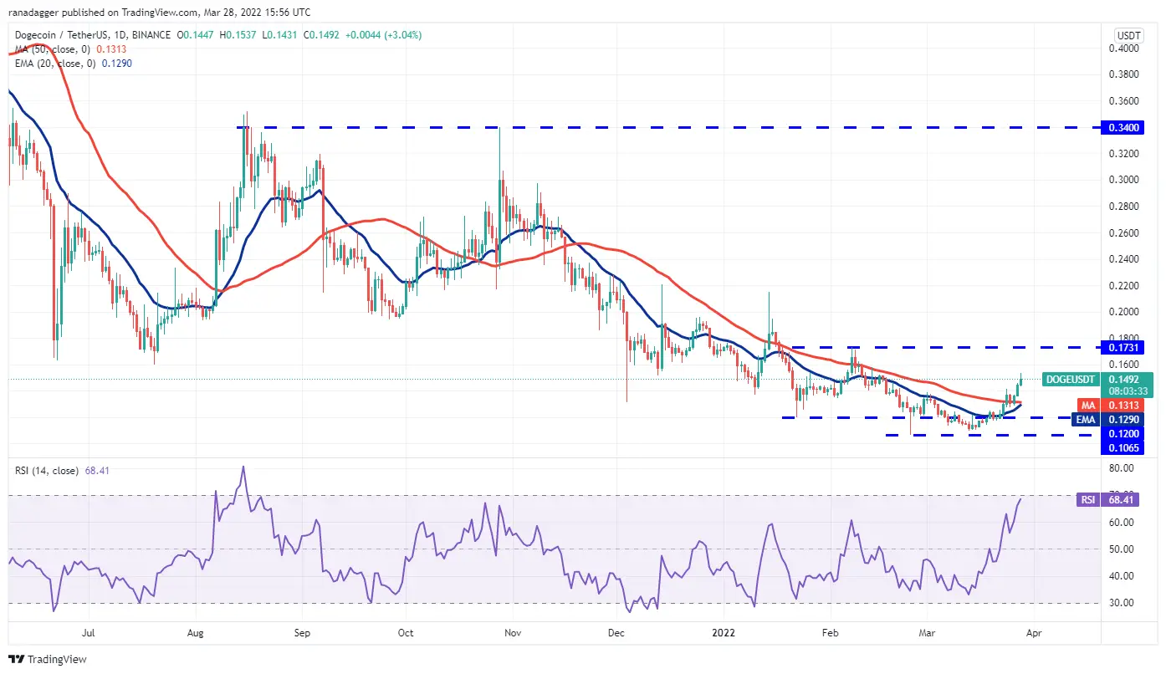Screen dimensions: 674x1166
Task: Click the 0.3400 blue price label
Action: click(1134, 127)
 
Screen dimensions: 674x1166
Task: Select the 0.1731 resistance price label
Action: click(1134, 347)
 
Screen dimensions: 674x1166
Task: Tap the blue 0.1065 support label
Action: click(1134, 447)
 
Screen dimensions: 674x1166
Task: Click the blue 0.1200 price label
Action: click(1134, 434)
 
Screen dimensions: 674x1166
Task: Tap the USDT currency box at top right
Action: click(1129, 35)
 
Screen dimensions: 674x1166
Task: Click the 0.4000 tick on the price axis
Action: click(1134, 49)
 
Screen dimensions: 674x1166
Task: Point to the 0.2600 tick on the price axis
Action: click(1134, 232)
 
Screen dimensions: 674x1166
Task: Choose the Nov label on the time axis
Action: click(514, 634)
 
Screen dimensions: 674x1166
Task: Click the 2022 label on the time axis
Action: click(724, 634)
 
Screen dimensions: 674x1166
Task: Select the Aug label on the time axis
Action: click(196, 634)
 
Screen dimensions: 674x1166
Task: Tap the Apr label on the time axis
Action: click(1033, 634)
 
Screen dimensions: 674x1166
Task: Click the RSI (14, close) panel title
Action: click(49, 471)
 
